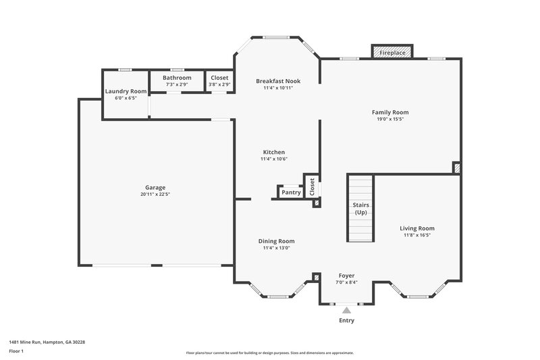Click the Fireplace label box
point(391,52)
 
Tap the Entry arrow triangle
point(346,310)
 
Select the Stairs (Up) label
point(360,209)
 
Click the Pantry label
point(291,192)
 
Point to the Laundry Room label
point(126,91)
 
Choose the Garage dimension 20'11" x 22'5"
point(155,195)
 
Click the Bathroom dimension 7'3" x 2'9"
point(177,85)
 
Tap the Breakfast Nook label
point(278,81)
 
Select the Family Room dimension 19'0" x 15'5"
point(390,119)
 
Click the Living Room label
point(417,228)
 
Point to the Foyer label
point(346,276)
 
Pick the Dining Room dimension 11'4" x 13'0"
point(277,248)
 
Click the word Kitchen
point(274,152)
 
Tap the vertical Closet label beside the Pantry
point(312,187)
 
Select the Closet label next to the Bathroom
point(219,78)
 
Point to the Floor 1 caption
point(17,352)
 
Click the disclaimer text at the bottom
point(269,353)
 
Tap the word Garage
point(155,188)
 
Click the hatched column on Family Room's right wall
point(456,168)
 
